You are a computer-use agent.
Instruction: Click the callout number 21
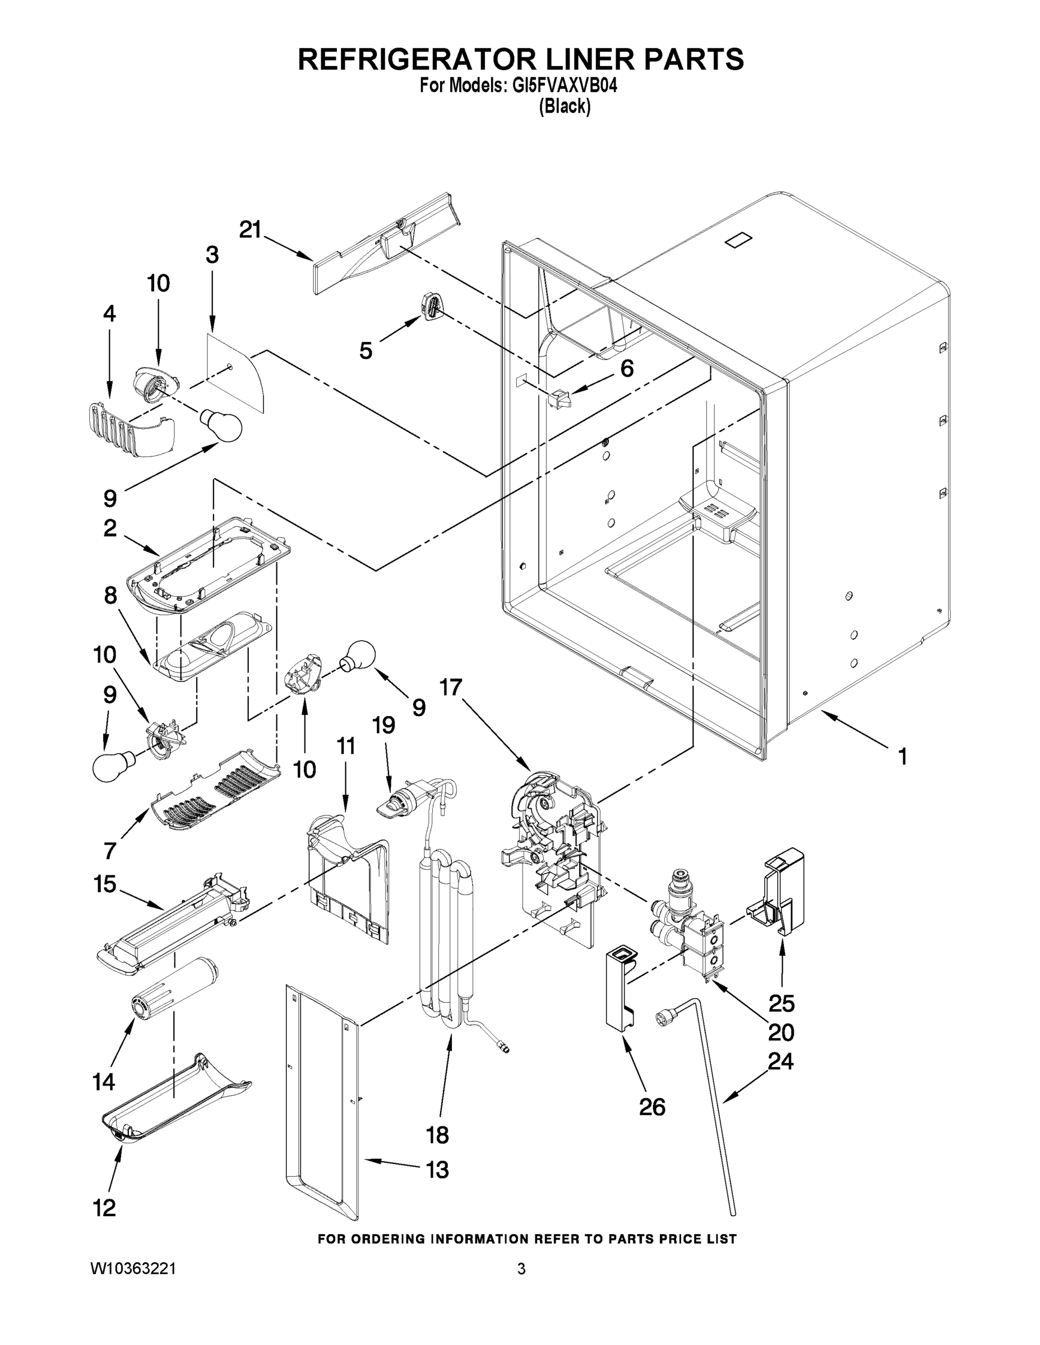(x=250, y=230)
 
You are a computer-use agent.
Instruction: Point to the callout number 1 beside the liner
(x=902, y=756)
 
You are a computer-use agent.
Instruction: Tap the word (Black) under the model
(x=565, y=106)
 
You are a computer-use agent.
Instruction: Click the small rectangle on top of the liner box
(x=739, y=241)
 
